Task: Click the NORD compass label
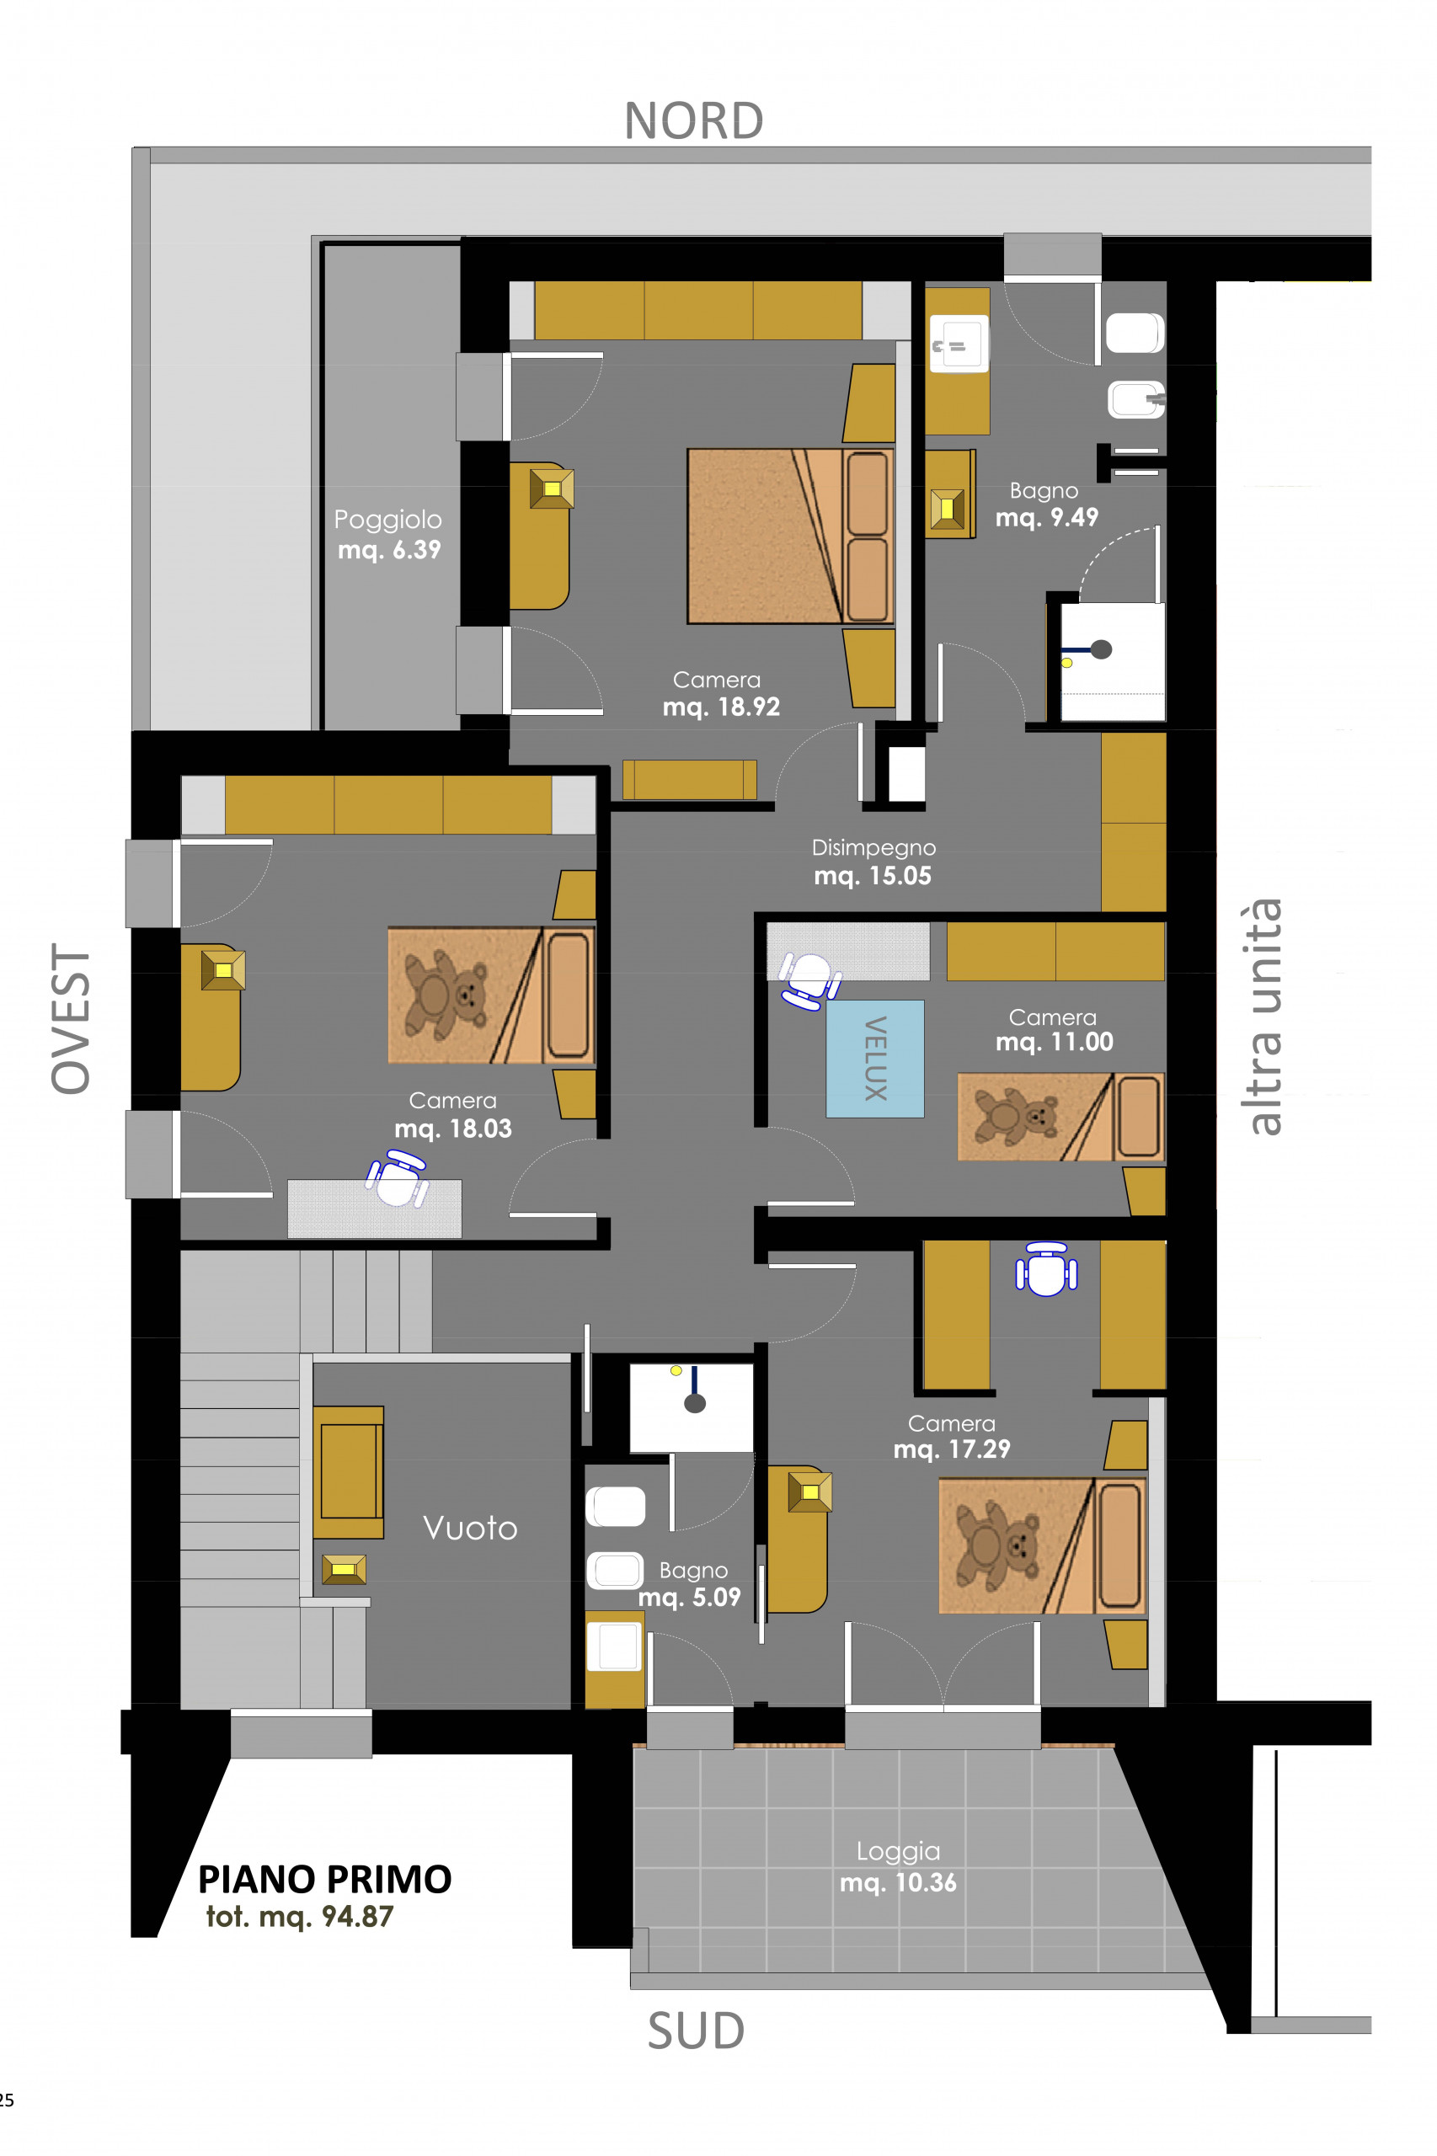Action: tap(694, 121)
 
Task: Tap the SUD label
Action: tap(696, 2031)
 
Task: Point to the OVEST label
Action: tap(71, 1018)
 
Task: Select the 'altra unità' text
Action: tap(1263, 1017)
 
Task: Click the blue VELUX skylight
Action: tap(874, 1059)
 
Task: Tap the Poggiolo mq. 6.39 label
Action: tap(388, 534)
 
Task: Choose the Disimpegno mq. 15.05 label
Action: tap(873, 862)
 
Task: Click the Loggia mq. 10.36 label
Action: tap(898, 1866)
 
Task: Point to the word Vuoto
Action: tap(470, 1528)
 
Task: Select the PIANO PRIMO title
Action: tap(325, 1879)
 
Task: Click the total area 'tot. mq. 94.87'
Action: tap(300, 1917)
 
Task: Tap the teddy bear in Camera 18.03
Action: tap(447, 994)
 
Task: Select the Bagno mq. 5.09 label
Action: tap(689, 1583)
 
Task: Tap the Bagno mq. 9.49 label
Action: tap(1047, 504)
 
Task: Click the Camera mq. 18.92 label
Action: tap(721, 693)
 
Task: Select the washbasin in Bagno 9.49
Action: tap(959, 344)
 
